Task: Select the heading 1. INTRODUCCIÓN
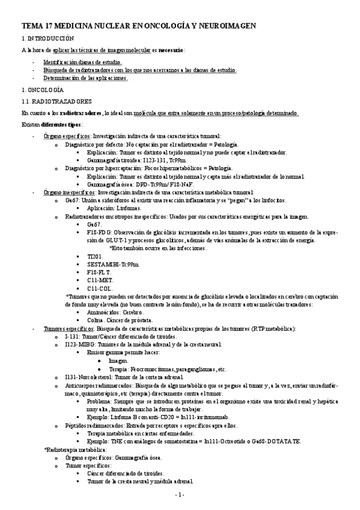point(47,38)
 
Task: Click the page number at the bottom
point(179,494)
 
